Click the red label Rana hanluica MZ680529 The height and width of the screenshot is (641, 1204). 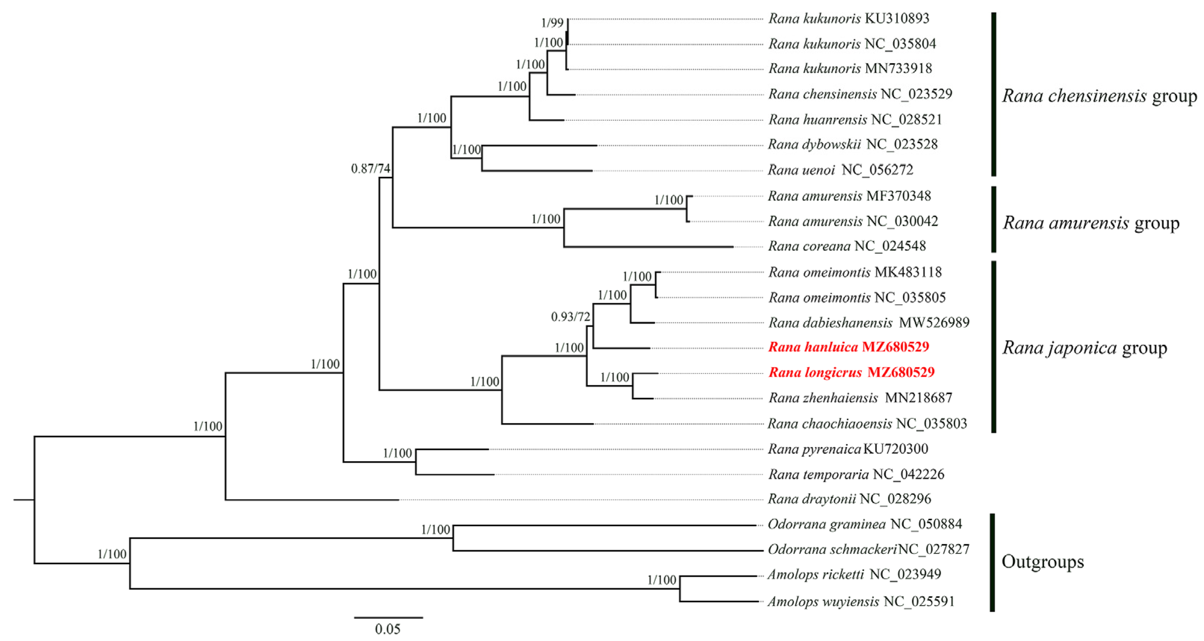tap(848, 347)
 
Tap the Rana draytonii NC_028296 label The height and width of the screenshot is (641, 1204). tap(849, 499)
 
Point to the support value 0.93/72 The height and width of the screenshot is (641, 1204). tap(570, 317)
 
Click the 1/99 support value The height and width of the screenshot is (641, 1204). tap(552, 23)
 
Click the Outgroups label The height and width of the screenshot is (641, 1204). tap(1042, 561)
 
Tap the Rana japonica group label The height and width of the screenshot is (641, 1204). tap(1084, 348)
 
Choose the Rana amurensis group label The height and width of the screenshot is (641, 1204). tap(1091, 223)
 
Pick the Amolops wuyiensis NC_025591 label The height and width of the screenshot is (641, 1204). tap(860, 601)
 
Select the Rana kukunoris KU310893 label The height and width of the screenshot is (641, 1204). tap(849, 19)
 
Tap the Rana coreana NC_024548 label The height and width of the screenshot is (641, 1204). tap(847, 246)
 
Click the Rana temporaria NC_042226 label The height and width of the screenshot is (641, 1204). tap(856, 475)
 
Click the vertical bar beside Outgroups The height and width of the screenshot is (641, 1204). tap(992, 563)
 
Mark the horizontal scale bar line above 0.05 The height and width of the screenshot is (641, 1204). tap(389, 617)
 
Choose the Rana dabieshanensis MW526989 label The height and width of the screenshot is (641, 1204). tap(869, 323)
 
